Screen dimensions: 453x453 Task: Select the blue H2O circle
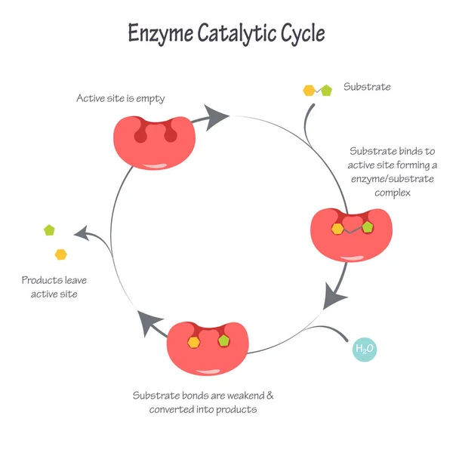tap(365, 350)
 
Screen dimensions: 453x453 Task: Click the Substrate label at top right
tap(367, 87)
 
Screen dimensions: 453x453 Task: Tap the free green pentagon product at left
tap(50, 229)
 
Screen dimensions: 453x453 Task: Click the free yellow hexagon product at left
tap(60, 254)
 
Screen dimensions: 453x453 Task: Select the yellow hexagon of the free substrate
tap(308, 90)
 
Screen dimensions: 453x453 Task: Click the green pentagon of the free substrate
tap(326, 90)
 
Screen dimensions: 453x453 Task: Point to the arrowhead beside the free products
tap(85, 234)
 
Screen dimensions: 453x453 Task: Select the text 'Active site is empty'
tap(120, 98)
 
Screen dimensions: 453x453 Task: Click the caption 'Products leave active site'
tap(49, 287)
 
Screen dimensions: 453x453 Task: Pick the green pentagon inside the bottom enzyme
tap(223, 341)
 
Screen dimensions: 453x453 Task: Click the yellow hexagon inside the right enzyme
tap(337, 227)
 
